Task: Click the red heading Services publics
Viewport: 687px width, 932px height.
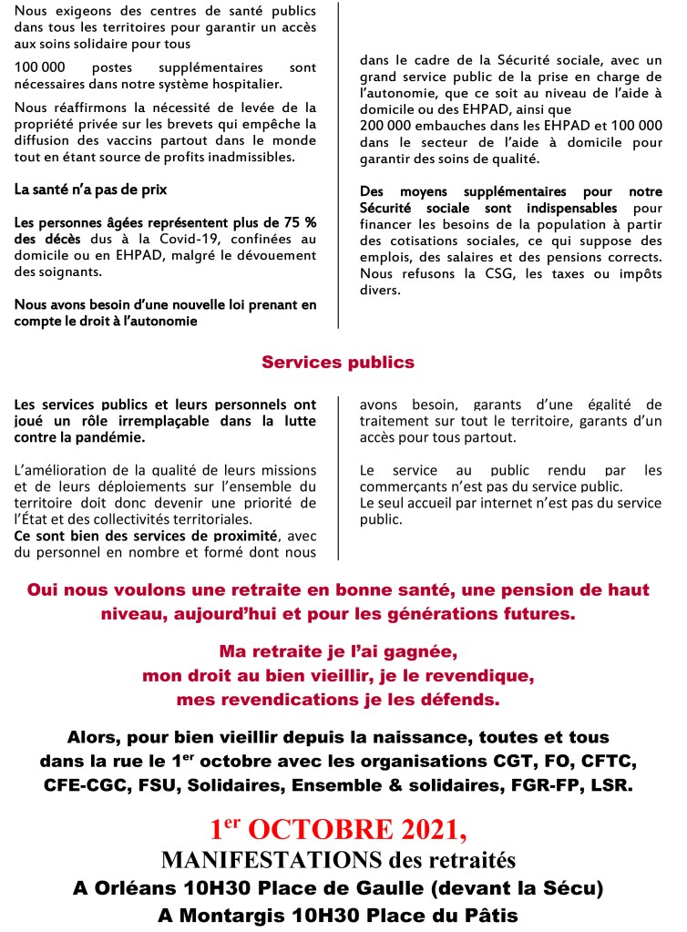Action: tap(338, 363)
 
